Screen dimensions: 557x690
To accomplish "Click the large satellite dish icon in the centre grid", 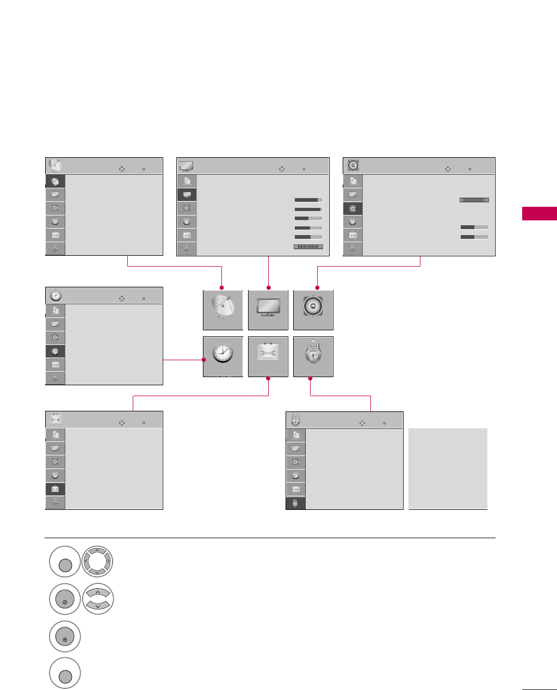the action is (x=223, y=310).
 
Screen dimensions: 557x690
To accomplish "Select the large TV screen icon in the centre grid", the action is (x=268, y=310).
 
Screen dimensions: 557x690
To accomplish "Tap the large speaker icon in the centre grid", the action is (x=313, y=310).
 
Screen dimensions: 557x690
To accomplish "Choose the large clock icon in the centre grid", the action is (x=223, y=356).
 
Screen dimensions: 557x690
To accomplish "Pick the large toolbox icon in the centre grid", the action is (x=268, y=356).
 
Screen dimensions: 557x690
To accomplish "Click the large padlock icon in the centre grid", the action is (x=313, y=356).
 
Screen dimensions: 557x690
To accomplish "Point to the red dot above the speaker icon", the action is (x=317, y=287).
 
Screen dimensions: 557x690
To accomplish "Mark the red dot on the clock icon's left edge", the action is (x=203, y=360).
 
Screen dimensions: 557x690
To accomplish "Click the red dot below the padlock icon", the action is (x=310, y=378).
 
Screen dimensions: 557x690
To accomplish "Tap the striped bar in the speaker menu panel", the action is (x=474, y=200).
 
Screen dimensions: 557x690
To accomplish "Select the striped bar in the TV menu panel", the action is (x=308, y=247).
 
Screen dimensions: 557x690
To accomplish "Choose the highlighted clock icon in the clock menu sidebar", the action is (x=55, y=351).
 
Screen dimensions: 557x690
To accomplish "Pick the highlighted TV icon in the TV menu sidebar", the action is (x=187, y=195).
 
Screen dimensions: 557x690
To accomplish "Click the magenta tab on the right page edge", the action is (x=539, y=213).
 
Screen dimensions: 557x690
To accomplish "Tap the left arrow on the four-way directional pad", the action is (x=86, y=562).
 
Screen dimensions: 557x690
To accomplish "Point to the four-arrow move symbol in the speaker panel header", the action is (x=448, y=169).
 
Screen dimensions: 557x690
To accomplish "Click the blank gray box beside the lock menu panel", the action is (x=448, y=469).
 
